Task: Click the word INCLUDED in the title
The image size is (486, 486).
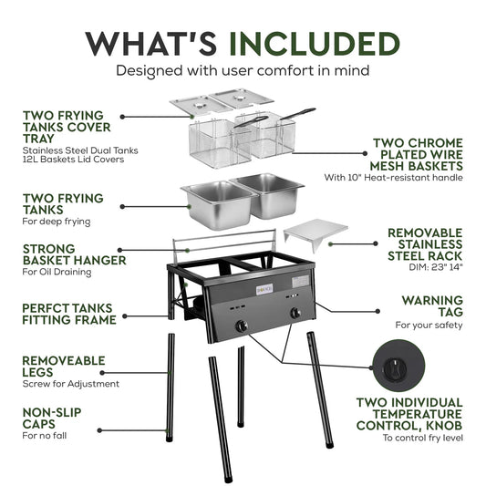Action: tap(315, 44)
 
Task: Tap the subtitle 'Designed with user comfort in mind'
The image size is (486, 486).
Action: tap(243, 71)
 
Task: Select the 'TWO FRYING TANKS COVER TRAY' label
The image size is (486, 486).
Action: tap(67, 127)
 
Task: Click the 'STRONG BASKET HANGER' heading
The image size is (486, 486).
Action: tap(75, 254)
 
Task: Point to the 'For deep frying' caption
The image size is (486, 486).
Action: tap(57, 222)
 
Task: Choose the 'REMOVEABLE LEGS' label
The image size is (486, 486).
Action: tap(64, 367)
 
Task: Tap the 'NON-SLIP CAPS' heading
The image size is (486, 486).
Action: tap(52, 419)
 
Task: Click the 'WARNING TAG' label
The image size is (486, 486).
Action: tap(432, 306)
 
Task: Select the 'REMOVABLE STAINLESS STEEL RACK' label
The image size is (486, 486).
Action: tap(425, 244)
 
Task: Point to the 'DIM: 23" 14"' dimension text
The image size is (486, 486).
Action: tap(436, 267)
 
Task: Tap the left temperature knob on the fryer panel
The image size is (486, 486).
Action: tap(242, 326)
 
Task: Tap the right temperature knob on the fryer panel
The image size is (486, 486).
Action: tap(295, 314)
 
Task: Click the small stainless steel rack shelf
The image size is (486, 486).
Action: tap(315, 233)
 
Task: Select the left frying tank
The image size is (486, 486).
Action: tap(220, 204)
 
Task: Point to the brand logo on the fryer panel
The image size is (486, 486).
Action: tap(264, 289)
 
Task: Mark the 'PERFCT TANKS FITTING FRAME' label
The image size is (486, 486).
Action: tap(69, 314)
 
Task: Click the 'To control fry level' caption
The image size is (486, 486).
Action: tap(423, 438)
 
